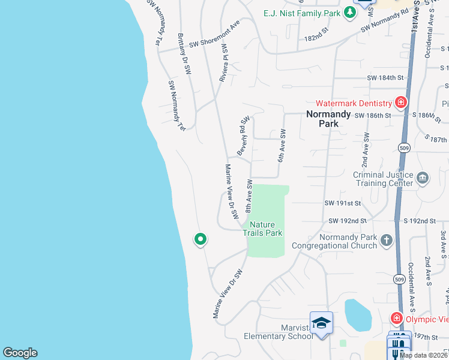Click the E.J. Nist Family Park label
click(x=302, y=13)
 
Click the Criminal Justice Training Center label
click(x=382, y=179)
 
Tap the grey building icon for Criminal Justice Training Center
click(x=423, y=178)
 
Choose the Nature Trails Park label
click(x=262, y=229)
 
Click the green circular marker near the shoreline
click(x=200, y=239)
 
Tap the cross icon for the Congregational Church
click(x=387, y=240)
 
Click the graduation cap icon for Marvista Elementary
click(x=321, y=322)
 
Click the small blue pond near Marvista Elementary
click(x=358, y=313)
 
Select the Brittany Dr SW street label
click(x=184, y=54)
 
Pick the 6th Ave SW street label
click(x=281, y=146)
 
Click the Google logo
click(x=20, y=353)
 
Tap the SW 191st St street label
click(x=345, y=203)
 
